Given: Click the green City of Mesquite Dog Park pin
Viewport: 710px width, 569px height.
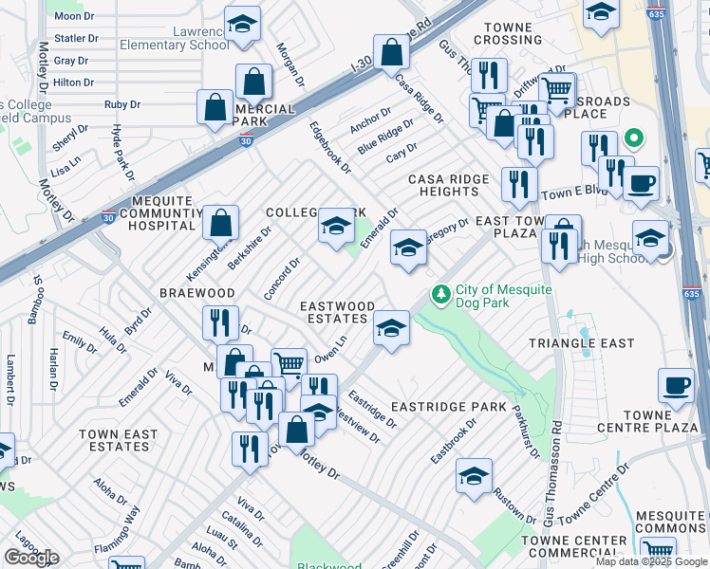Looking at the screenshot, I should coord(440,295).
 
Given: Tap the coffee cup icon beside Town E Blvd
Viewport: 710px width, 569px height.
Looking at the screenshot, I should coord(642,182).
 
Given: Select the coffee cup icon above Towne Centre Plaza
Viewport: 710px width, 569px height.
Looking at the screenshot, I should coord(676,384).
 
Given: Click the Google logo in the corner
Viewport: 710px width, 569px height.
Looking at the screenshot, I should coord(31,558).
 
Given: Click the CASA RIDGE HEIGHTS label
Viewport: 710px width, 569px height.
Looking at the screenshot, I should coord(449,185).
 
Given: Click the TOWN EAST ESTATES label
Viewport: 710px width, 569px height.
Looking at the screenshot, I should coord(118,440).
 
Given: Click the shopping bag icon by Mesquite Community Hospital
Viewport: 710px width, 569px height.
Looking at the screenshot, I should coord(220,225).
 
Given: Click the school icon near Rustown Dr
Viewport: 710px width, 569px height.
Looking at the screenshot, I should coord(474,476).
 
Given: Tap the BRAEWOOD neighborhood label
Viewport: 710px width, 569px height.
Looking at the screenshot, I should coord(196,293).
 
